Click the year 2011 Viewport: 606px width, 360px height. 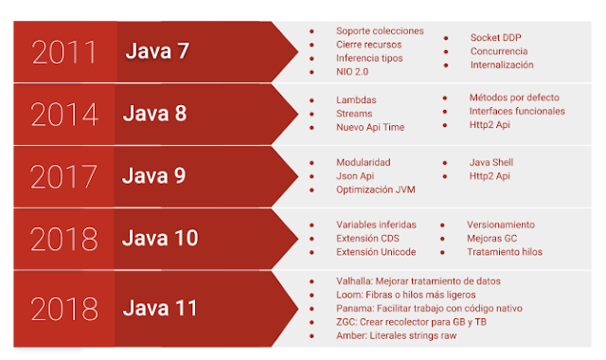(64, 52)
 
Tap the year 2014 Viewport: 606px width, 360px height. (64, 115)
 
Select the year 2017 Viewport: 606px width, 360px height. (64, 176)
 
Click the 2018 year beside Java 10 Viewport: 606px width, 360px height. (64, 239)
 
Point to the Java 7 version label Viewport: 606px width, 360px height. (157, 51)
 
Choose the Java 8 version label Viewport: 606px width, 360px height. (154, 114)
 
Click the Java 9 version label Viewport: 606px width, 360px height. (154, 175)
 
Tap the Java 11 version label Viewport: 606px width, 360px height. (160, 308)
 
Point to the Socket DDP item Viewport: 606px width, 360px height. (495, 38)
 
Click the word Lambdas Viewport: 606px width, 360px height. (357, 99)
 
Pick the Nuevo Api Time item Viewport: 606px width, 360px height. (371, 126)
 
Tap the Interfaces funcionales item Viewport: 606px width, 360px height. (516, 111)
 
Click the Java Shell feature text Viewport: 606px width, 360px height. (490, 162)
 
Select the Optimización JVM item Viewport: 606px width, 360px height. (375, 189)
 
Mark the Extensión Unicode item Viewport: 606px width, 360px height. (375, 252)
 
